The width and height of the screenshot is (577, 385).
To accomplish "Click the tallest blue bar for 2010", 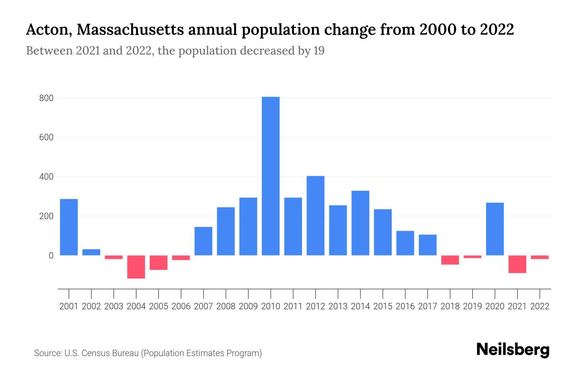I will [x=271, y=176].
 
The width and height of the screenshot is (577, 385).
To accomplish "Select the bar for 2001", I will [x=69, y=227].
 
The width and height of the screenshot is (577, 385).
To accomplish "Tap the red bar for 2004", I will [x=136, y=267].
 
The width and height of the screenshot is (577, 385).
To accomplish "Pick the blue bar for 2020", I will [x=495, y=229].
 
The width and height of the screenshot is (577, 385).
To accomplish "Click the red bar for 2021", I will [x=517, y=264].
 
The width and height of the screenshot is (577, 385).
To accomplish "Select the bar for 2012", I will [x=315, y=216].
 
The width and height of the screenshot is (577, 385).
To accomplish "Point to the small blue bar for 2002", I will [x=91, y=252].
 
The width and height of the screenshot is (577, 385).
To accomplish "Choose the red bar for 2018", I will [x=450, y=260].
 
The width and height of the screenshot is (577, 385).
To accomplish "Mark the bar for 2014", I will [x=360, y=223].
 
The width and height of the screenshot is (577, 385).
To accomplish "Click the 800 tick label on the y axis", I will [x=46, y=98].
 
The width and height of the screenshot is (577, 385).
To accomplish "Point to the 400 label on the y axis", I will [x=46, y=177].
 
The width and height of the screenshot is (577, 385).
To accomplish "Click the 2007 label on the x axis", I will [x=204, y=306].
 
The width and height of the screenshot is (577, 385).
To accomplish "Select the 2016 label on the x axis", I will [x=405, y=306].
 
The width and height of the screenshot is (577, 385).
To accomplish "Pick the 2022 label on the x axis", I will [x=540, y=306].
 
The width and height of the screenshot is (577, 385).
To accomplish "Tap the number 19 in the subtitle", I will [x=319, y=51].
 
